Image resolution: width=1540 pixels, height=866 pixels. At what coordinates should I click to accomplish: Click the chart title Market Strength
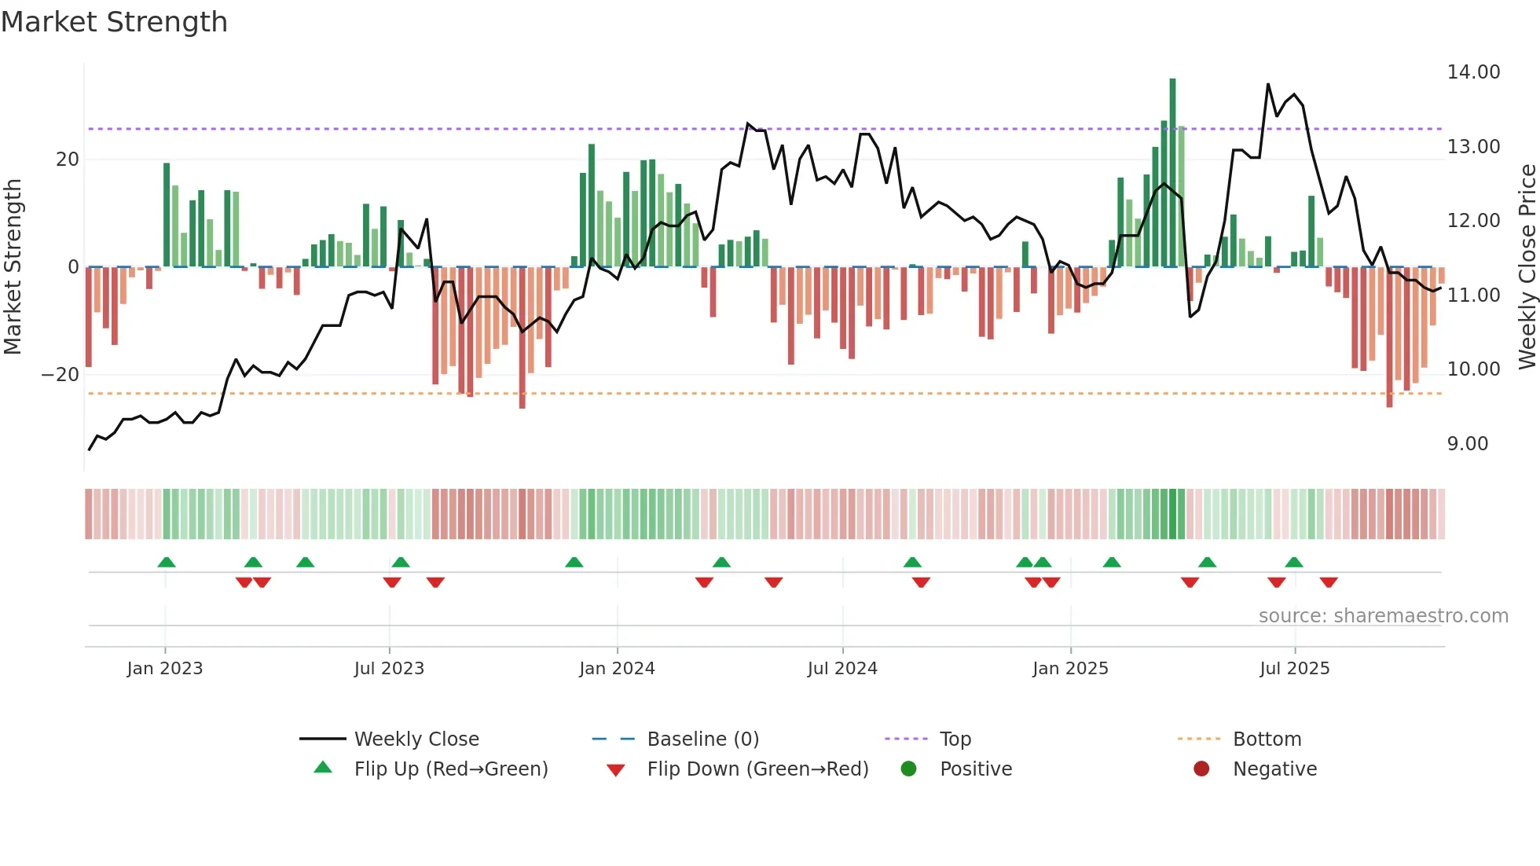(114, 22)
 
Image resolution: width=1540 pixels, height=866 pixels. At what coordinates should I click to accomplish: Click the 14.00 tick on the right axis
(1473, 72)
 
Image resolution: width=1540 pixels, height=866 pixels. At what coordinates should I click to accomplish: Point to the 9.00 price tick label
(1467, 444)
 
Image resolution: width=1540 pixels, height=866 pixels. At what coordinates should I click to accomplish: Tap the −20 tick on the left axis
(60, 375)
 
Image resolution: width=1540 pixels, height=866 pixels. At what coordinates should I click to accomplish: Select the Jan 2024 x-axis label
(617, 669)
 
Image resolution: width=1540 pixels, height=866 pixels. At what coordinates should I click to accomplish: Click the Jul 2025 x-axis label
(1294, 669)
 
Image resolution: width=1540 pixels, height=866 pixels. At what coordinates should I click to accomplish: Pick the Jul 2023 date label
(389, 669)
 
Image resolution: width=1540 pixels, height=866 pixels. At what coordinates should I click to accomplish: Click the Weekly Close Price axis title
(1527, 267)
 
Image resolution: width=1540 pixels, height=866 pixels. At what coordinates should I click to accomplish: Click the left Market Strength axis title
(13, 267)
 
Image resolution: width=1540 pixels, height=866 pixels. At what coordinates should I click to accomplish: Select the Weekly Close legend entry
(416, 739)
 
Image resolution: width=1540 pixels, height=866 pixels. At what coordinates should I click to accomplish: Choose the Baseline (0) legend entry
(702, 739)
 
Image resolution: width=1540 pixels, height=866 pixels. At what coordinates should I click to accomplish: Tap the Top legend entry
(955, 739)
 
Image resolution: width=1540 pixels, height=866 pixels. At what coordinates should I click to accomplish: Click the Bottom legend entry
(1267, 739)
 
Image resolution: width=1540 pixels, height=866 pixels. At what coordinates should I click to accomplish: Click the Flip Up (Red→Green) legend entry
(450, 769)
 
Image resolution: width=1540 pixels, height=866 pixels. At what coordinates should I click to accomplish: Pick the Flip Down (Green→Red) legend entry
(757, 769)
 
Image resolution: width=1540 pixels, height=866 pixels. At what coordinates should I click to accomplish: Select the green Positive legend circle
(909, 769)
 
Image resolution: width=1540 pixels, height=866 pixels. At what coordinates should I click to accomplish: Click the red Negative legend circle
(1201, 769)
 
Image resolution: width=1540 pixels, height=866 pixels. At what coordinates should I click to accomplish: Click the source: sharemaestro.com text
(1383, 616)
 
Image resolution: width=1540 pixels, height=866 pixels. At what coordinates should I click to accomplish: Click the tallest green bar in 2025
(1172, 173)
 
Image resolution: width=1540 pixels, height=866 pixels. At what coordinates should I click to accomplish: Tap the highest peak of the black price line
(1267, 84)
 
